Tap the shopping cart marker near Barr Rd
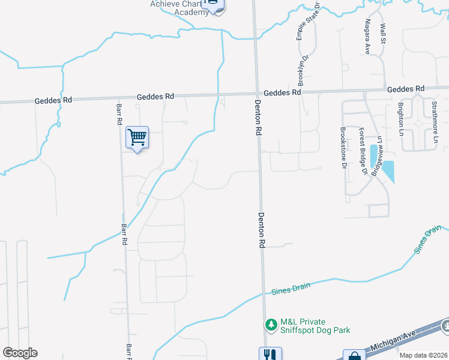click(x=137, y=138)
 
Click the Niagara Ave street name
click(x=367, y=36)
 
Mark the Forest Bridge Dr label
click(x=362, y=151)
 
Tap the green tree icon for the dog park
click(x=271, y=325)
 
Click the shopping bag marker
click(x=354, y=355)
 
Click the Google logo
click(x=20, y=353)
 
